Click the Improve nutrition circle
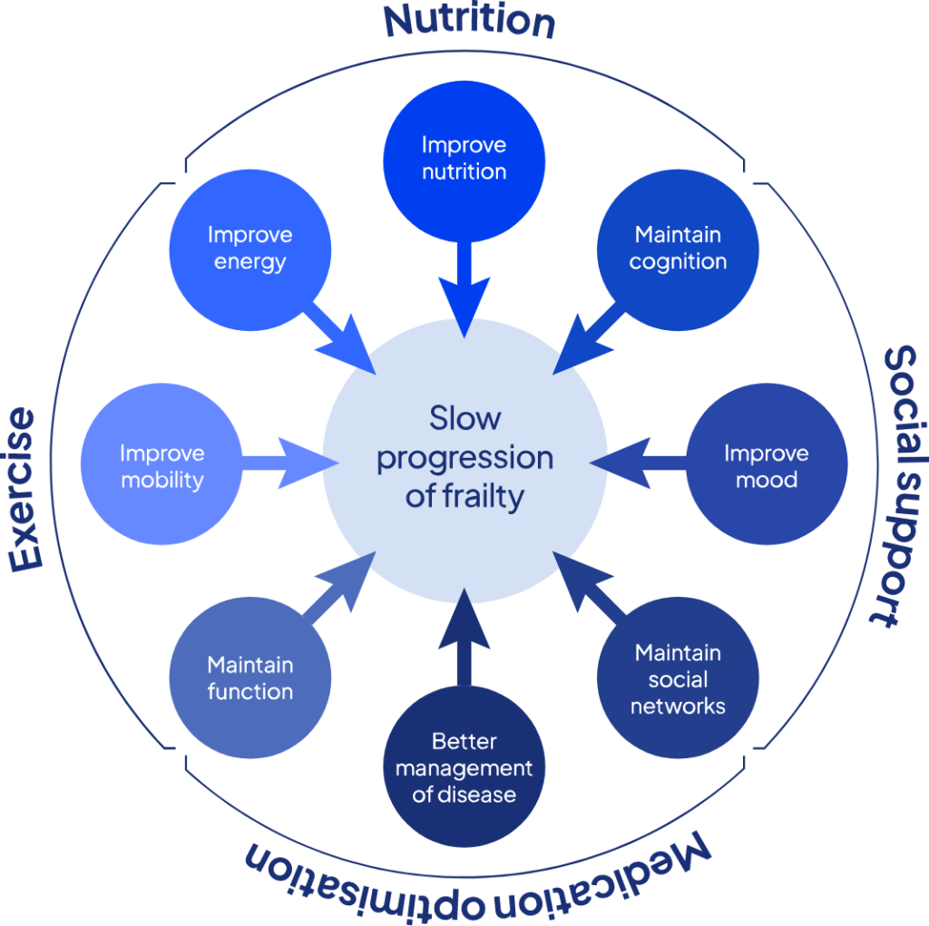464,161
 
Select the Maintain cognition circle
678,250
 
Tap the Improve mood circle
767,463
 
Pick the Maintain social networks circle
678,677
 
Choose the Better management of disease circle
464,766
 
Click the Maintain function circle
250,677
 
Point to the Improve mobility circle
161,463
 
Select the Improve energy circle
250,250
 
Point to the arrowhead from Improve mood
621,463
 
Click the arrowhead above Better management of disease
464,619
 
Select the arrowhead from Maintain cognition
578,349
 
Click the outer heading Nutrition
469,21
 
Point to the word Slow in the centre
465,418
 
